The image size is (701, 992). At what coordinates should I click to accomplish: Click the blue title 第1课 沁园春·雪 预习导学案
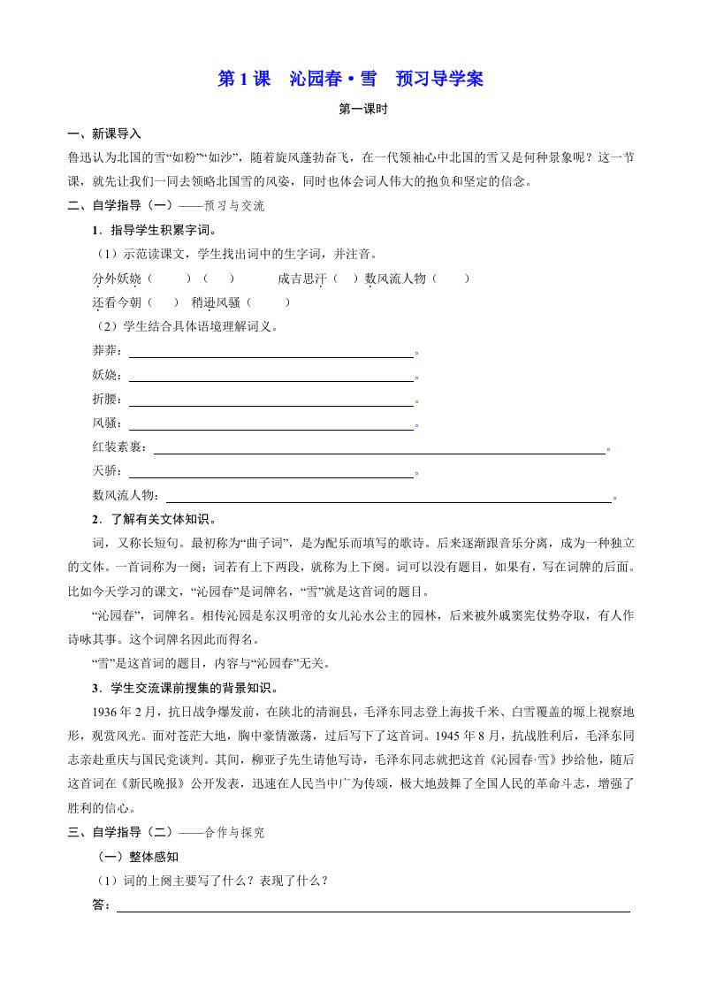[350, 79]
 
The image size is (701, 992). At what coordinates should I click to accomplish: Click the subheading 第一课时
[350, 111]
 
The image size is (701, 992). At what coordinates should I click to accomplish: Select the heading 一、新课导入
[104, 134]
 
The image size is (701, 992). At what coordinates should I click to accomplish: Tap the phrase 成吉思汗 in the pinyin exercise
[301, 279]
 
